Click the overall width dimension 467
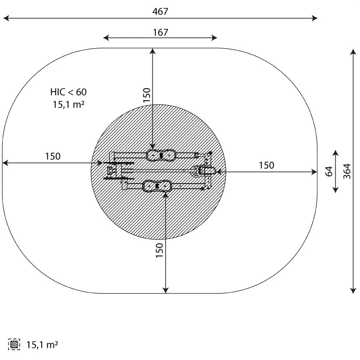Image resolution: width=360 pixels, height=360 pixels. pos(160,12)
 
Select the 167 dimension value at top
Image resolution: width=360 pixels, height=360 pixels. pos(160,32)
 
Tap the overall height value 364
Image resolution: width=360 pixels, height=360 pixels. pos(347,171)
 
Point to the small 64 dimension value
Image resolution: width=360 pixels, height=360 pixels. pos(329,171)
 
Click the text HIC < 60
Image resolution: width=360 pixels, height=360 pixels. pos(68,92)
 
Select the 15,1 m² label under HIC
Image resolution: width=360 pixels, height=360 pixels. pos(68,104)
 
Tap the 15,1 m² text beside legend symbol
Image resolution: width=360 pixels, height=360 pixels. pos(42,345)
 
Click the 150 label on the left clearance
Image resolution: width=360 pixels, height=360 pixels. pos(52,157)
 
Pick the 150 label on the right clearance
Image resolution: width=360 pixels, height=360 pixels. pos(266,165)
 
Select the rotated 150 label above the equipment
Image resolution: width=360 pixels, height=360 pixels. pos(147,95)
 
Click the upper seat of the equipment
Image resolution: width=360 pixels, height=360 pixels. pos(160,155)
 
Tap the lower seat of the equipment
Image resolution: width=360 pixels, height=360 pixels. pos(157,186)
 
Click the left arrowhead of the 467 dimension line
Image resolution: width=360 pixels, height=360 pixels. pos(6,18)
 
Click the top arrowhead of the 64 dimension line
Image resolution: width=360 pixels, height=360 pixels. pos(335,152)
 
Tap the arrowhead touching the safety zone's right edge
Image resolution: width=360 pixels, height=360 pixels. pos(315,171)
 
